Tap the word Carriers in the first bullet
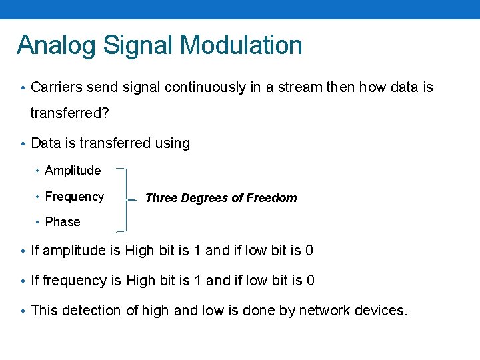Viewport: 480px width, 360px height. [57, 87]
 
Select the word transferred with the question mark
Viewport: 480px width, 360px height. [69, 113]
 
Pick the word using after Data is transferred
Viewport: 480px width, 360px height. [172, 143]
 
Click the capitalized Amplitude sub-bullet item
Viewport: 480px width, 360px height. [73, 171]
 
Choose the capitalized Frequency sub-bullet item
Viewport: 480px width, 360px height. [74, 197]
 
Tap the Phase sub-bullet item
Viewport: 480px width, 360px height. [63, 222]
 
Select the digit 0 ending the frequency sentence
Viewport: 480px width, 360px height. [310, 281]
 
